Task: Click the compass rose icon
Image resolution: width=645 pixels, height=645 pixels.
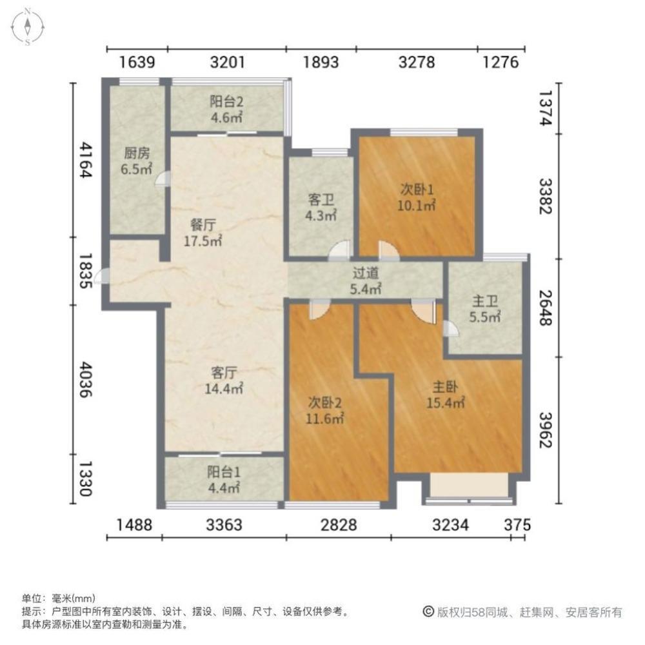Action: (x=27, y=27)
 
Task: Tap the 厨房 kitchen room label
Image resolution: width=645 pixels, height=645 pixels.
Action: (x=137, y=161)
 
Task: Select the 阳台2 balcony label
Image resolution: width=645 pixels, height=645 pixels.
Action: (x=226, y=110)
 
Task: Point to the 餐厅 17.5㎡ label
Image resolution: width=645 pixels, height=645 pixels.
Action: (x=203, y=233)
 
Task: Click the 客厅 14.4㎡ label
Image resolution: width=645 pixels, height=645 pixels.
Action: (x=224, y=381)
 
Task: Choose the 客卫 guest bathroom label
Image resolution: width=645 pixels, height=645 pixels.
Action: (x=321, y=208)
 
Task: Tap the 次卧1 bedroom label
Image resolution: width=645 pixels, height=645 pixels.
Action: (x=416, y=197)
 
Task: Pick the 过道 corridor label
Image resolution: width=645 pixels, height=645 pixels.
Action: (x=366, y=281)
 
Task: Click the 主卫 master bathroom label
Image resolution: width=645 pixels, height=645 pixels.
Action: (x=485, y=309)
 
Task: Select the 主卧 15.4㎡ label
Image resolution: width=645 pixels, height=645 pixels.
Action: (x=445, y=395)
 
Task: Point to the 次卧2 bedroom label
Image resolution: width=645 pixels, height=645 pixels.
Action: (x=324, y=410)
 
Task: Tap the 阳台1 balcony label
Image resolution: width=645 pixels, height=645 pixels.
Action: (x=224, y=480)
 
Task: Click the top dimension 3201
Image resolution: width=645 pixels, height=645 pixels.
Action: (x=227, y=63)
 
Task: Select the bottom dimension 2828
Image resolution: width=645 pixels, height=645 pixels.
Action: (x=339, y=525)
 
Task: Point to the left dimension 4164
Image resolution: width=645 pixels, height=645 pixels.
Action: (x=85, y=160)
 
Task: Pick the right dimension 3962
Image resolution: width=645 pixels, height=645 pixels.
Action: (x=546, y=430)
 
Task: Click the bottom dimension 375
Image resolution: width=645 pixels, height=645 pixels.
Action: (x=517, y=525)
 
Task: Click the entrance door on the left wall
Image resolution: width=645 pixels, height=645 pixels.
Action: (x=102, y=275)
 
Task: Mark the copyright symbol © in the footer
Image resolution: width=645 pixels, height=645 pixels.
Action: (x=428, y=611)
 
